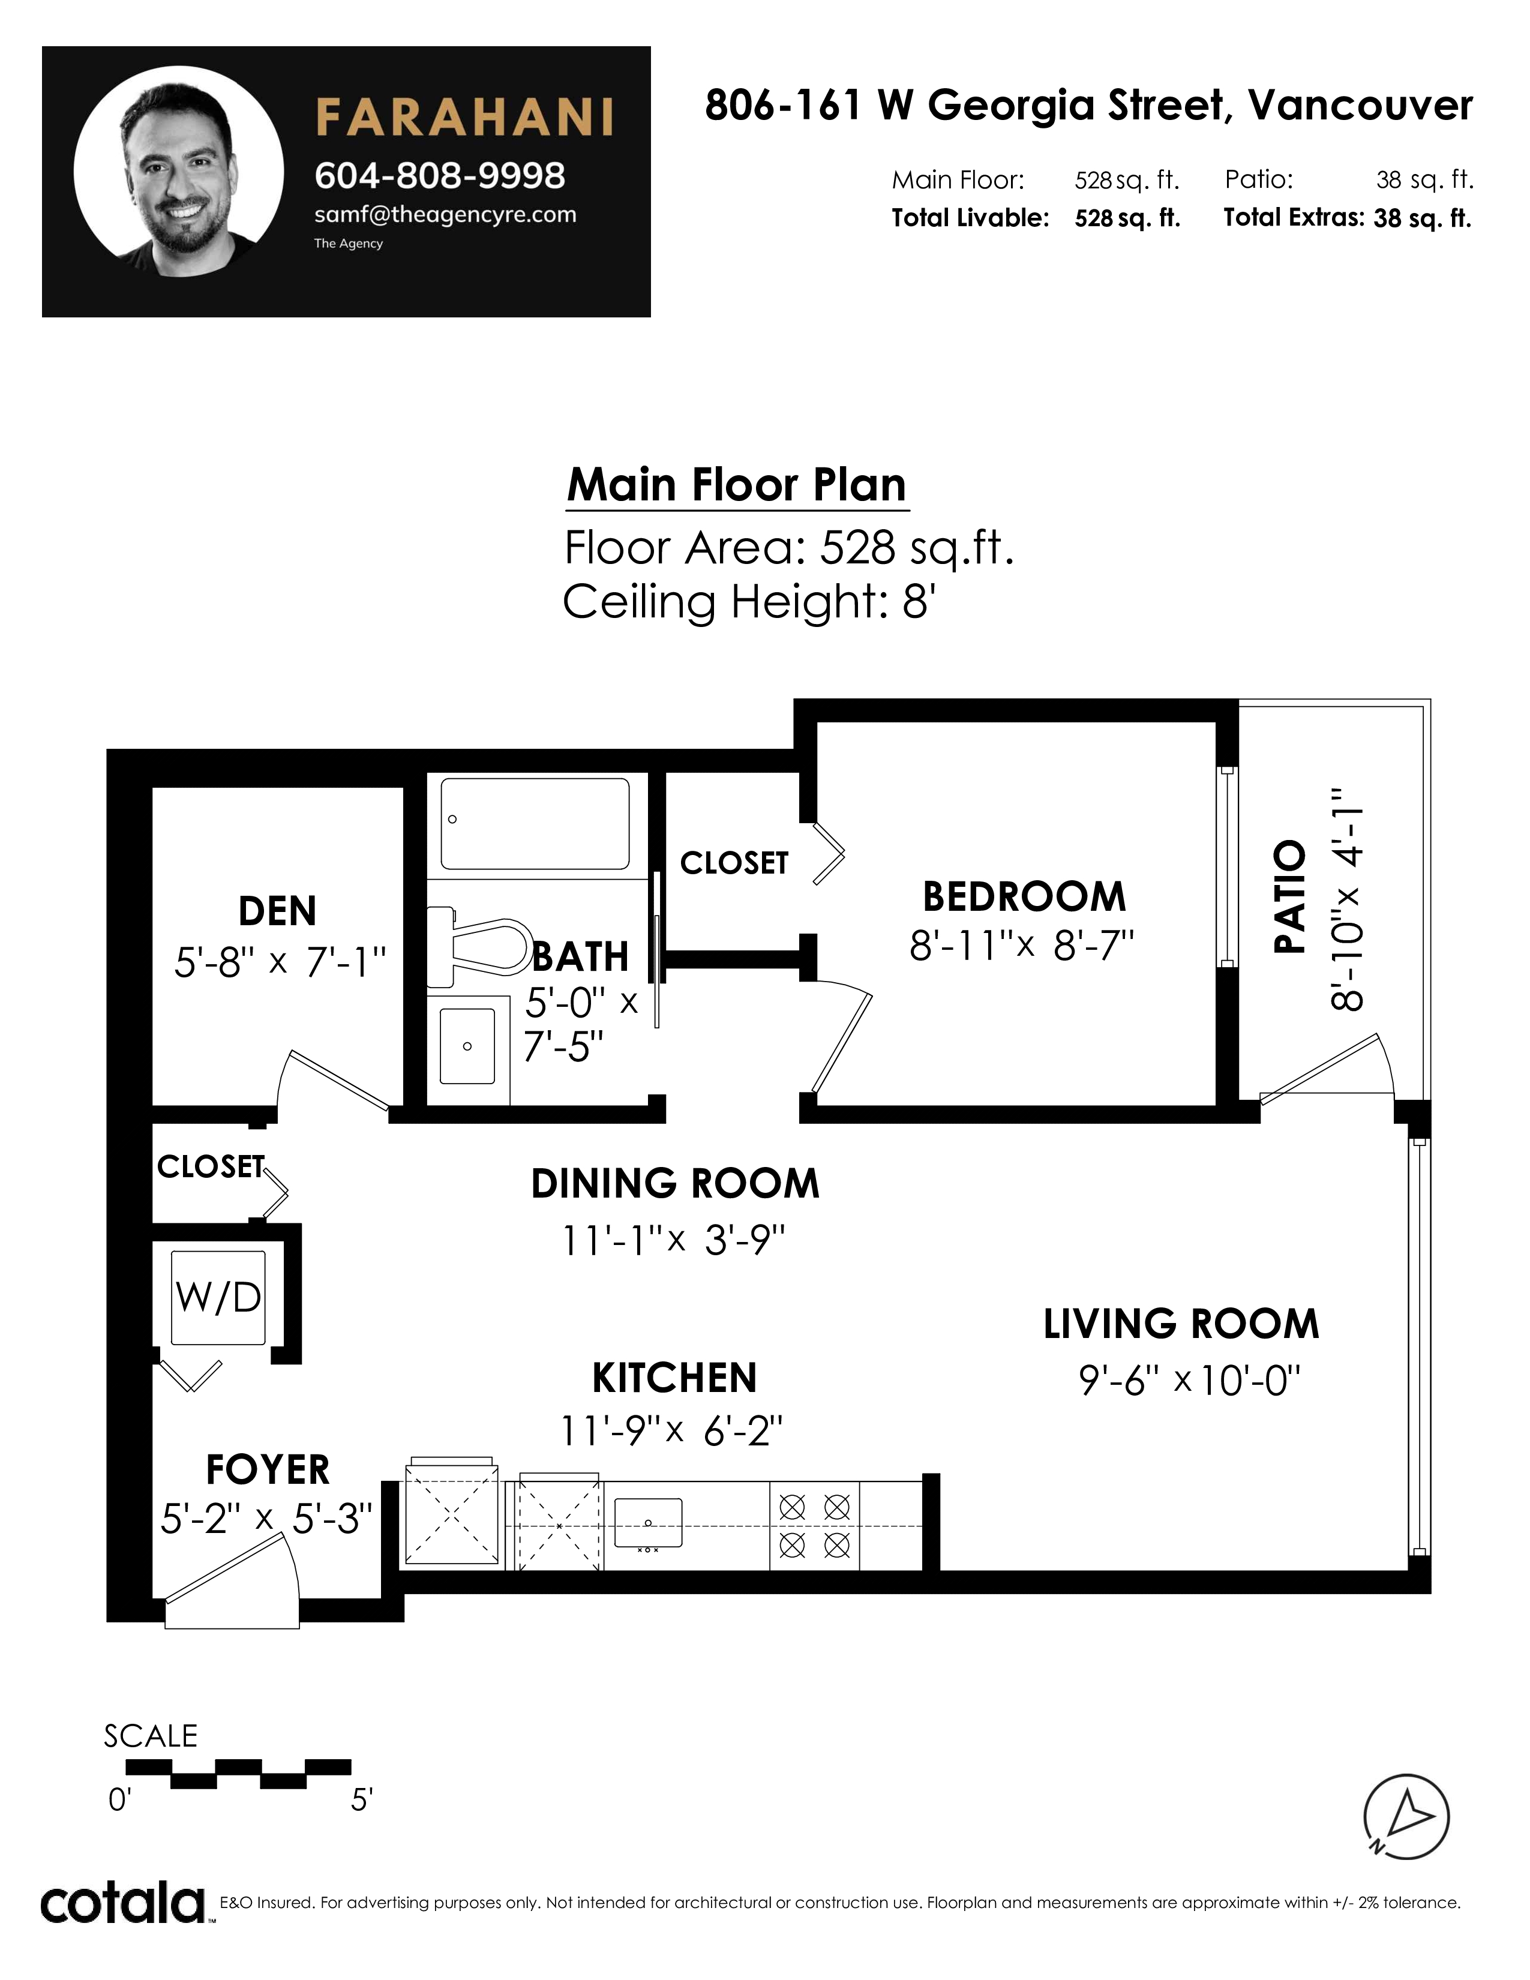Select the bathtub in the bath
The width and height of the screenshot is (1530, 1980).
pyautogui.click(x=535, y=824)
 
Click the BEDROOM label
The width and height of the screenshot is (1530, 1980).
pyautogui.click(x=1024, y=896)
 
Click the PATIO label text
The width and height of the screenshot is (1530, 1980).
pyautogui.click(x=1290, y=896)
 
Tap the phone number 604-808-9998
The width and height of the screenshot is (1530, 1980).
pyautogui.click(x=440, y=176)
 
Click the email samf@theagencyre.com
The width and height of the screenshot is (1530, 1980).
pyautogui.click(x=445, y=215)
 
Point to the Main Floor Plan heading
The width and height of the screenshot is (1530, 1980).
pyautogui.click(x=736, y=485)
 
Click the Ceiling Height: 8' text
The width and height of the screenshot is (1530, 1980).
pyautogui.click(x=749, y=602)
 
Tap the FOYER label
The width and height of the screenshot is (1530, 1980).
pyautogui.click(x=268, y=1469)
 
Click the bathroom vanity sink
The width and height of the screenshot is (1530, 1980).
pyautogui.click(x=468, y=1046)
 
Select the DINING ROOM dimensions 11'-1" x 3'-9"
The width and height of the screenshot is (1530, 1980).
pyautogui.click(x=673, y=1240)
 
